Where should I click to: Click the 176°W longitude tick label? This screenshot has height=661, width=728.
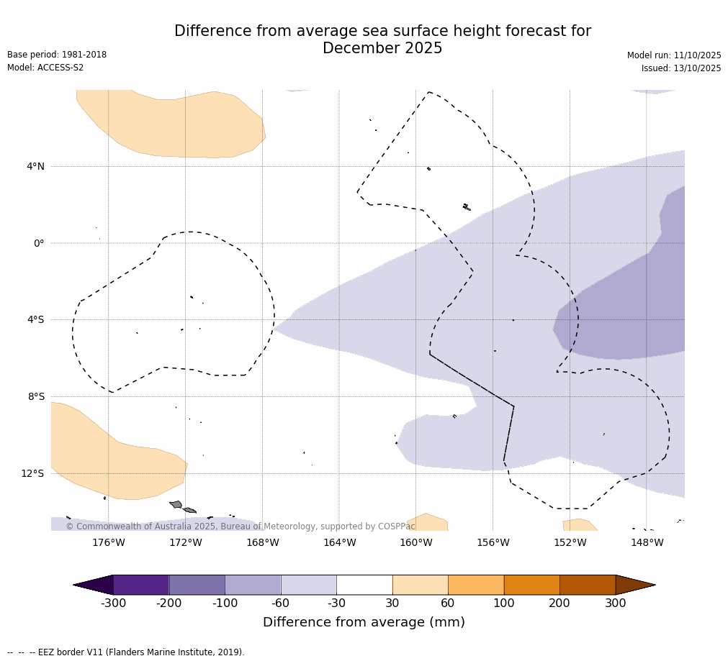108,543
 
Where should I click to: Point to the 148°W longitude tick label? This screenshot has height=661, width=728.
647,543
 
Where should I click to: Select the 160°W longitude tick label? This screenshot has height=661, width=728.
415,543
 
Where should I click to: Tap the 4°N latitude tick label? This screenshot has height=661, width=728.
35,167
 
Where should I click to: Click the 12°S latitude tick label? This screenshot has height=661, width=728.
32,473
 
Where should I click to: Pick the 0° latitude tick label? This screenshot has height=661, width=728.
39,243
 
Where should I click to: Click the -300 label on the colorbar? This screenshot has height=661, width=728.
113,603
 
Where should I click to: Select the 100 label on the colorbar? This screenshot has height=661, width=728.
504,603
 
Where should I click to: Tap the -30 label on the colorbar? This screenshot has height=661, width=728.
336,603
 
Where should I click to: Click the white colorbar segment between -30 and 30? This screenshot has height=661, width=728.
364,585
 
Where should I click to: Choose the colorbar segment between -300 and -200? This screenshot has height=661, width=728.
141,585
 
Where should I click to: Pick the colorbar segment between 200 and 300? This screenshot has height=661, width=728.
588,585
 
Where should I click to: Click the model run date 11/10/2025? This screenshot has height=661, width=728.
697,55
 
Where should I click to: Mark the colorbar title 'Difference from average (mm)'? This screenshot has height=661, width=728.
364,622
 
